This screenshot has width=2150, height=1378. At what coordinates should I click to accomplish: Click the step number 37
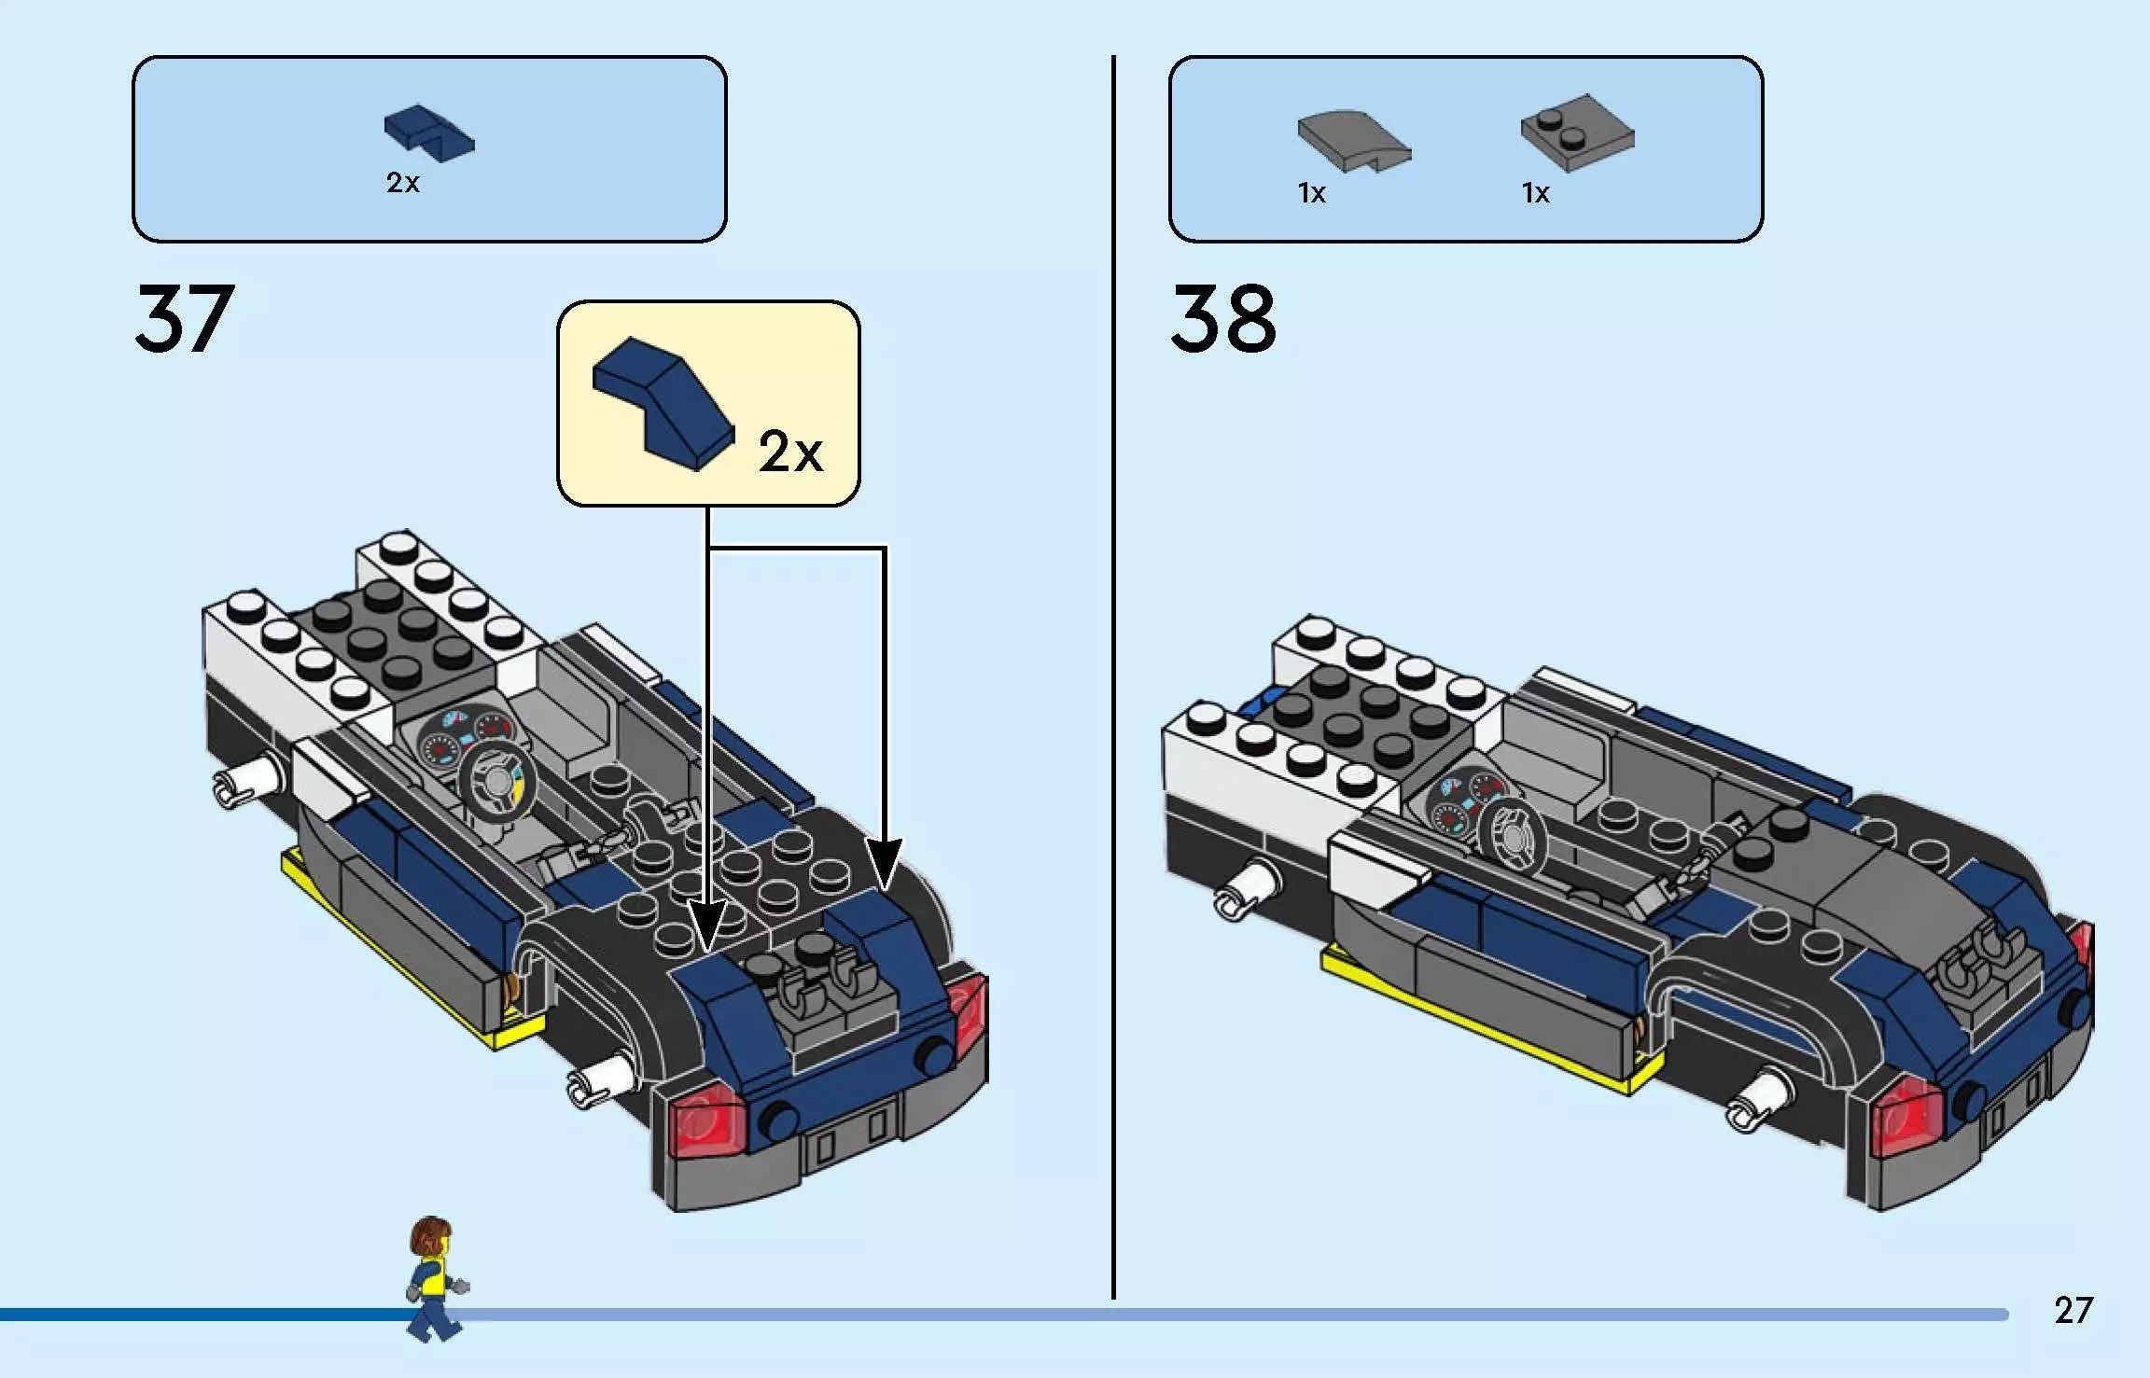click(x=184, y=319)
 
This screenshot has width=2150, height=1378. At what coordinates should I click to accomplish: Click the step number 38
click(x=1222, y=319)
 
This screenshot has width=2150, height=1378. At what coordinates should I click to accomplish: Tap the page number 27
click(x=2073, y=1311)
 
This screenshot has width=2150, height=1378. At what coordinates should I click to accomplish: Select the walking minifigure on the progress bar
click(x=434, y=1278)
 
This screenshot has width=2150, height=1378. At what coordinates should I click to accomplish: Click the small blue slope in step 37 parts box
click(x=428, y=134)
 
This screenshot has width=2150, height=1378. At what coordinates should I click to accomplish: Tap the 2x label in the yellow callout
click(x=789, y=452)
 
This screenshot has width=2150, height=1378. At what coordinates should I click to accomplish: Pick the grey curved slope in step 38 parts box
click(x=1353, y=141)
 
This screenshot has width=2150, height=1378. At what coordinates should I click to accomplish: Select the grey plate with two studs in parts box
click(x=1577, y=132)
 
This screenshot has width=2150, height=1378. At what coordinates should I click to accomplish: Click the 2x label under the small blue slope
click(x=402, y=183)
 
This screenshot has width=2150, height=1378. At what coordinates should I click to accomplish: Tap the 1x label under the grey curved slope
click(x=1311, y=193)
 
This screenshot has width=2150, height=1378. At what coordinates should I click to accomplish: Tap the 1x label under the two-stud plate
click(x=1535, y=193)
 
